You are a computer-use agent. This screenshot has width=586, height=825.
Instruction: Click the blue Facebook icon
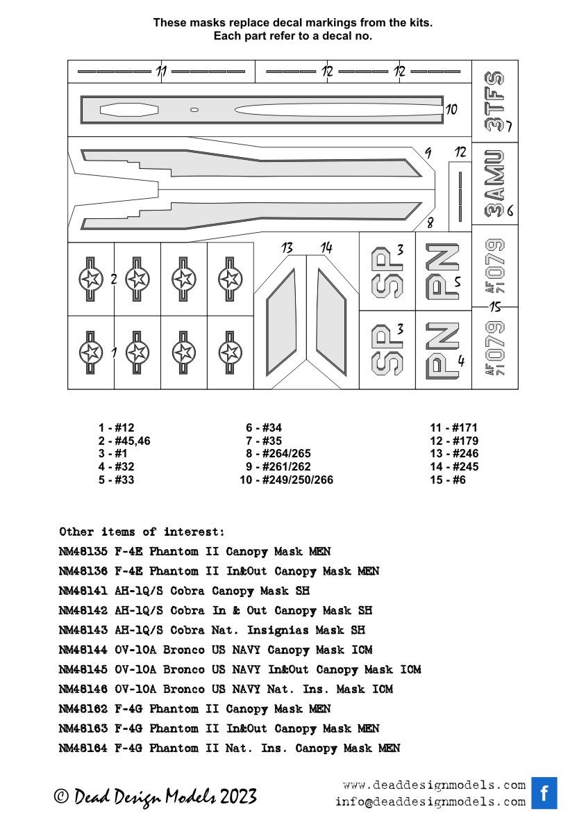(x=544, y=793)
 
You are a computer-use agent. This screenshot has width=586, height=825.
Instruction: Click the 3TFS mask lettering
(x=494, y=101)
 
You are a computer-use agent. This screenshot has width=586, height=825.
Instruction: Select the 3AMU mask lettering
(x=494, y=183)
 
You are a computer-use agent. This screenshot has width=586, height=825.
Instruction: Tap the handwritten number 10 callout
(x=451, y=110)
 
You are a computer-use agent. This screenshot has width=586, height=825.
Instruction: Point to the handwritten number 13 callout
(x=287, y=248)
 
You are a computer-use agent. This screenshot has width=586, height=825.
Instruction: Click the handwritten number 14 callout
(x=326, y=248)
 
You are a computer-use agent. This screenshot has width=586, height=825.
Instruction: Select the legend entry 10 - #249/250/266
(x=286, y=480)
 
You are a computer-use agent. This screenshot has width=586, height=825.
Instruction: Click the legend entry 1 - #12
(x=116, y=428)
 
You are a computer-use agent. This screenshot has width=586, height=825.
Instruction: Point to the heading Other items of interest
(x=142, y=532)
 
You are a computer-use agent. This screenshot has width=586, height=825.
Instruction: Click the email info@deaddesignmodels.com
(x=430, y=801)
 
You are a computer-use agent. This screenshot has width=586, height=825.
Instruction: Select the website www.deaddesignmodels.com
(x=434, y=785)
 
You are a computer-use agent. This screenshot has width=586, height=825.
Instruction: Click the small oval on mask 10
(x=194, y=109)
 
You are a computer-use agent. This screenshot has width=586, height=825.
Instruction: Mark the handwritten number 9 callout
(x=428, y=154)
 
